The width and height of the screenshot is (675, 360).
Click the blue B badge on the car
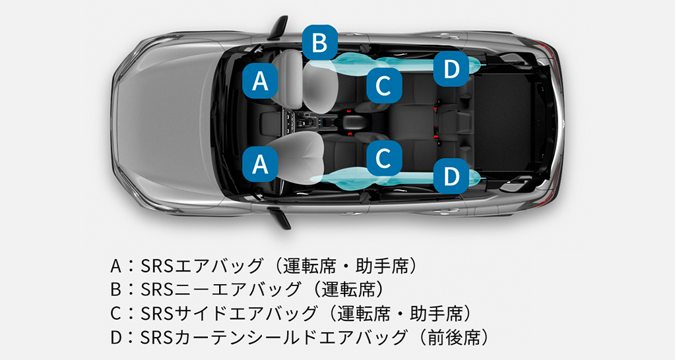tap(320, 43)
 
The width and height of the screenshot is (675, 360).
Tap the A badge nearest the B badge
tap(261, 81)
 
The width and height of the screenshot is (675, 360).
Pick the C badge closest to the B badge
tap(384, 84)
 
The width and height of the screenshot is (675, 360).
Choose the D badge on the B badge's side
tap(451, 69)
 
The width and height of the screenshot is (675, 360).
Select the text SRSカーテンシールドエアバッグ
tap(274, 337)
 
